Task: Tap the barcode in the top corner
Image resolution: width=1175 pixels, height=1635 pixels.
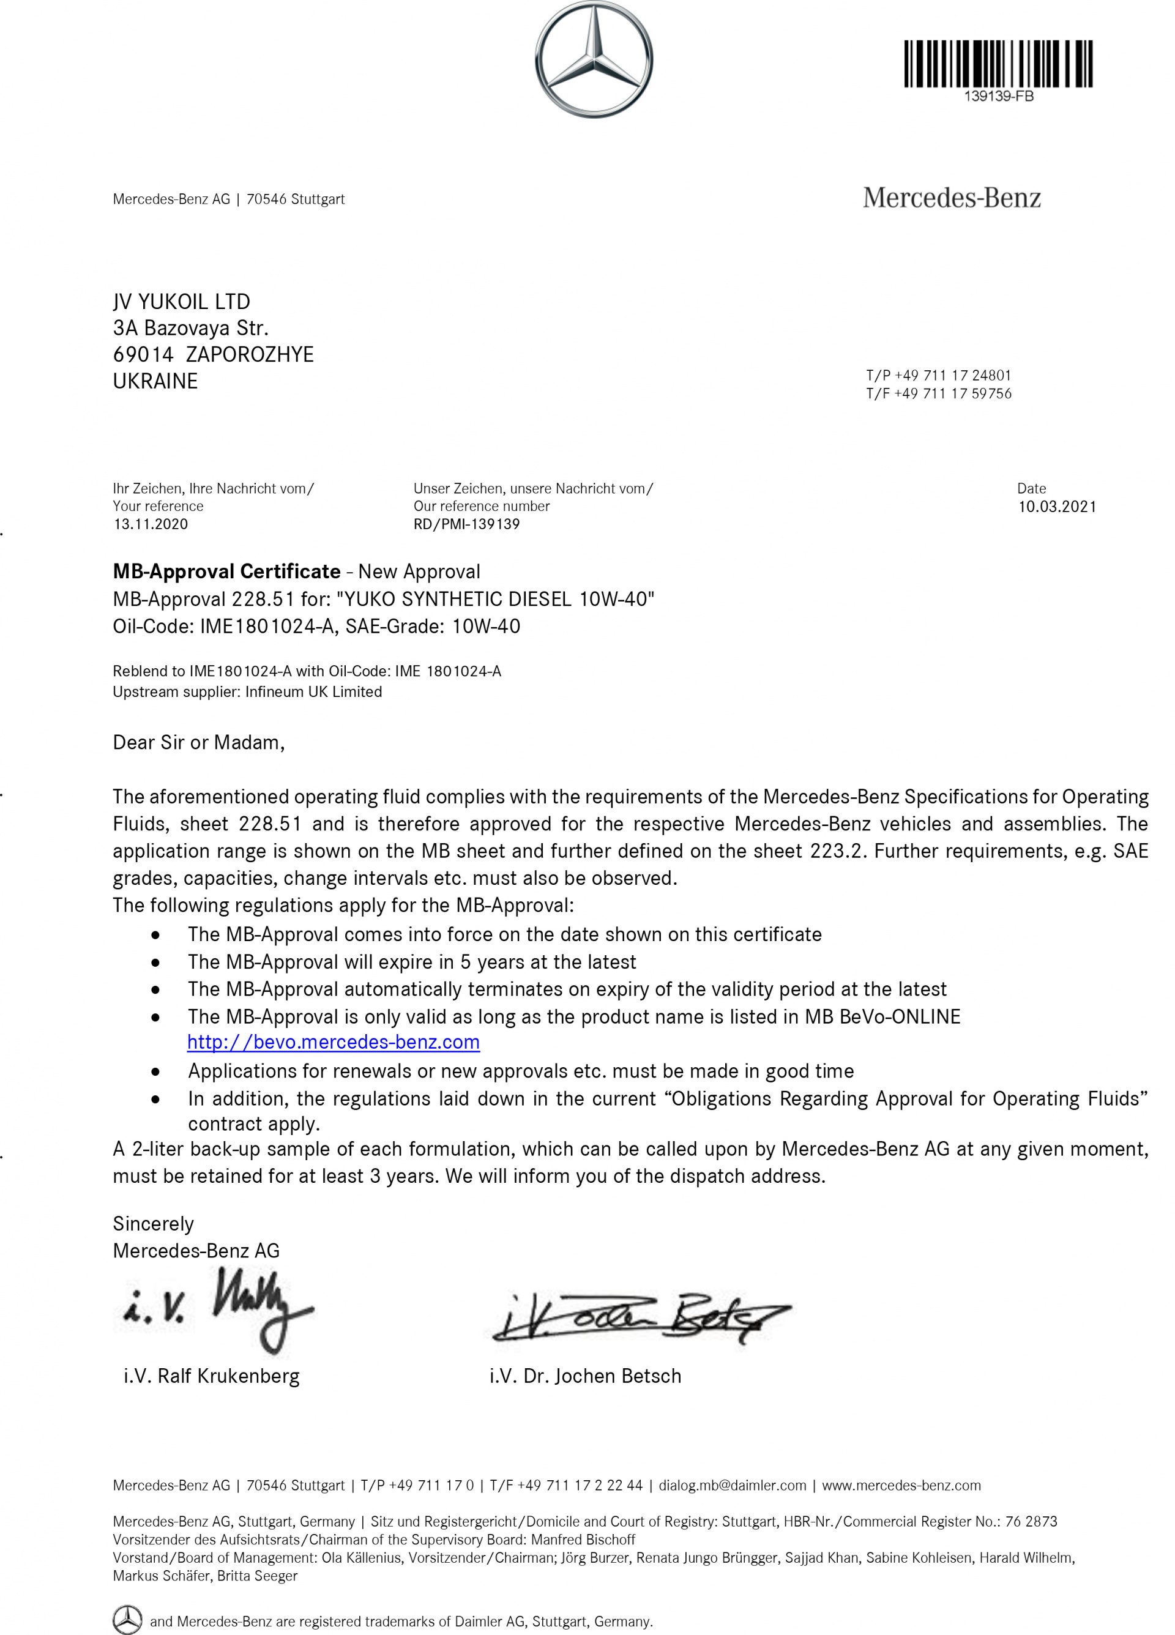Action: coord(998,64)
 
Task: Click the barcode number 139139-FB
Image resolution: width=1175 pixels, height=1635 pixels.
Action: coord(998,97)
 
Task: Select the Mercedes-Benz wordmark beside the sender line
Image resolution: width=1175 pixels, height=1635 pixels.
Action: coord(952,198)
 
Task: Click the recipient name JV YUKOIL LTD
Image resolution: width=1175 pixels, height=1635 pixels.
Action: coord(182,301)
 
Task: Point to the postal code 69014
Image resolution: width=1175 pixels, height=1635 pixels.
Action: coord(143,355)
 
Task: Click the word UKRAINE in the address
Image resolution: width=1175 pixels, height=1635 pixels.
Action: coord(155,381)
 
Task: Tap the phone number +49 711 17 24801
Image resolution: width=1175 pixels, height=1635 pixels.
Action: coord(952,375)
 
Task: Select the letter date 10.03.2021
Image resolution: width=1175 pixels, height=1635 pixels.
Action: coord(1056,507)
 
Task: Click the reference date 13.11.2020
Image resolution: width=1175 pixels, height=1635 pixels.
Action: coord(151,524)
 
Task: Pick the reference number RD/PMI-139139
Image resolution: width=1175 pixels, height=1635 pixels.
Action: coord(466,524)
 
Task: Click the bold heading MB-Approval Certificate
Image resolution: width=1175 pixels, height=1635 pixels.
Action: coord(226,572)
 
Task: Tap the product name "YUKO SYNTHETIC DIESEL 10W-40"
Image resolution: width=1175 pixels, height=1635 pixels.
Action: coord(495,599)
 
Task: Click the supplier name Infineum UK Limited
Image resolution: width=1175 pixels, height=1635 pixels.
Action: coord(313,692)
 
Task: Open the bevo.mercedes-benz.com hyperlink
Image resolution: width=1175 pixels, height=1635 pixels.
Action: coord(333,1043)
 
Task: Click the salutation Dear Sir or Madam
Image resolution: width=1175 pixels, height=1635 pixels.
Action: coord(198,742)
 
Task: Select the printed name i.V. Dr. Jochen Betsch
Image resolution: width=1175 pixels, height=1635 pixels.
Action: coord(584,1376)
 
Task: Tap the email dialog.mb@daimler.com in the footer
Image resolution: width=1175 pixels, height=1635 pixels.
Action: coord(732,1485)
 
